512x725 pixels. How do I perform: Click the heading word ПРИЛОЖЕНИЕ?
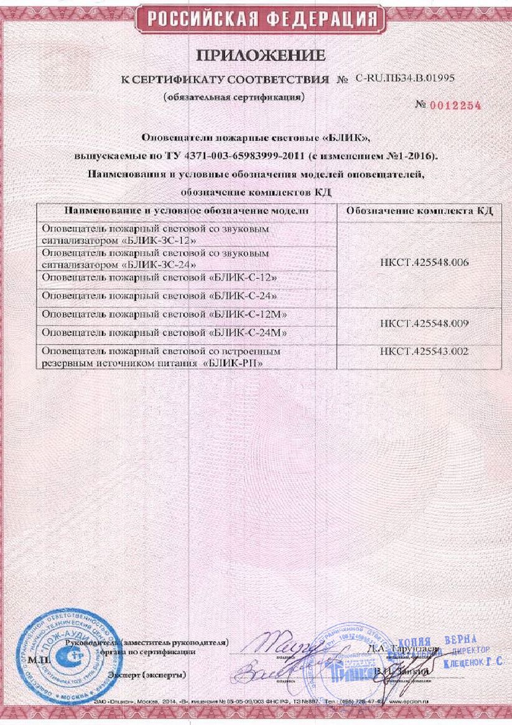[x=261, y=56]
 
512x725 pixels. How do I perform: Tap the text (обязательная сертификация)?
[x=234, y=98]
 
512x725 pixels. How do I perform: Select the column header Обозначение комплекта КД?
[x=419, y=211]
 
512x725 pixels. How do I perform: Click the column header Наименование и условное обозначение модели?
[x=187, y=211]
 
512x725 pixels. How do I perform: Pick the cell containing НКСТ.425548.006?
[x=419, y=262]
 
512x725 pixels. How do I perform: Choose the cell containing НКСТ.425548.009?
[x=419, y=324]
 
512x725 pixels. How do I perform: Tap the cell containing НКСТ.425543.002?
[x=419, y=352]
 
